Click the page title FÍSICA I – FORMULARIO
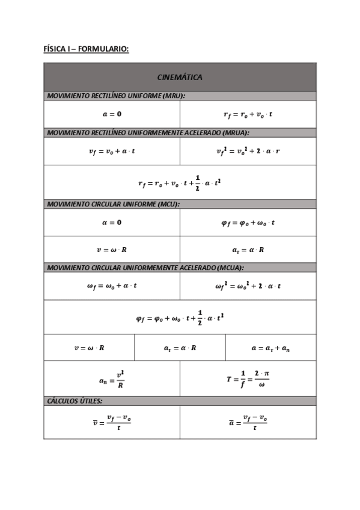86,48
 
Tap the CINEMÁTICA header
179,77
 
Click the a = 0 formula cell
111,114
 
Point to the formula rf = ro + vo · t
248,114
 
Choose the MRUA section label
148,132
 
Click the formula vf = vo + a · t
111,151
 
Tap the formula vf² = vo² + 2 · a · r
248,151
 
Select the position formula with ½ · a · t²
179,182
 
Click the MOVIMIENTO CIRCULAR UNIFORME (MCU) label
114,204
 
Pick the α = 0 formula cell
111,223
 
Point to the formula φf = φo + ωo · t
248,223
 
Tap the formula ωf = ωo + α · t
111,286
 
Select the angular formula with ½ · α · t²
179,317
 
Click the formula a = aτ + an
270,348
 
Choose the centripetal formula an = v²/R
111,379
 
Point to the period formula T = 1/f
248,379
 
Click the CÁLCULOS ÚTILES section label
75,401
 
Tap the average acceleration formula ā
248,422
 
